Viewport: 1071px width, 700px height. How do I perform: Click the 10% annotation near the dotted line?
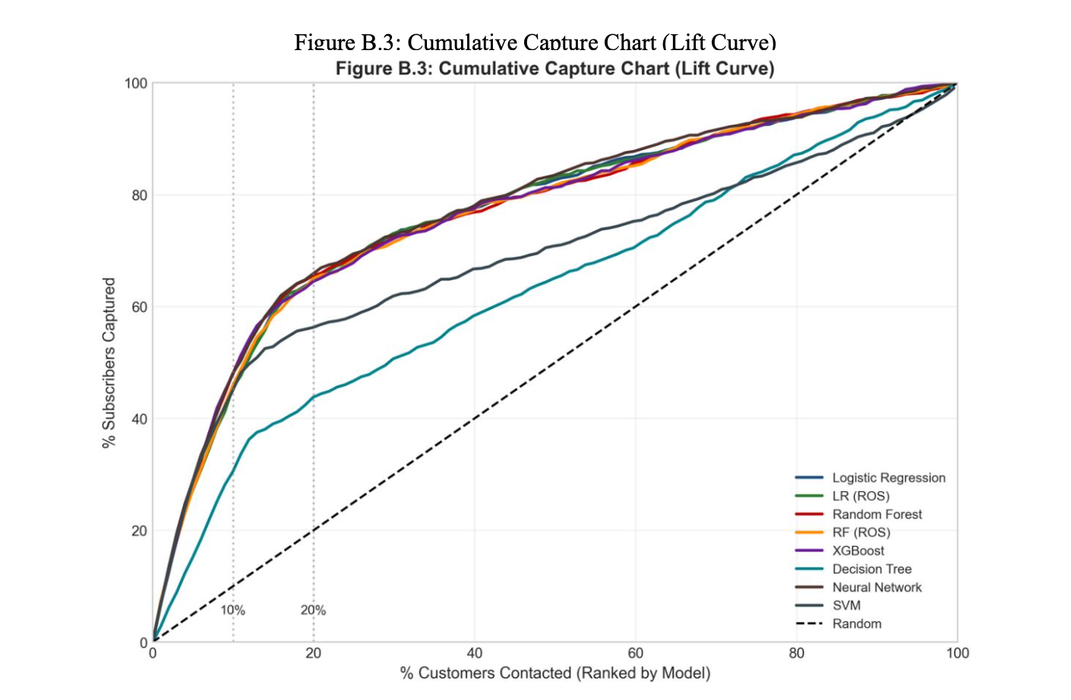[232, 610]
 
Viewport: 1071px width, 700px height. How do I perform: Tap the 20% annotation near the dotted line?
[313, 610]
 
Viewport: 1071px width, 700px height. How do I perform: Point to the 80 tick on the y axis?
[138, 195]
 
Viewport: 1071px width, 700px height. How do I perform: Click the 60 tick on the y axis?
[138, 307]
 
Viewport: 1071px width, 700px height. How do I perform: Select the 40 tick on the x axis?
[474, 654]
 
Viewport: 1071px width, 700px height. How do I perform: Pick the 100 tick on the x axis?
[957, 654]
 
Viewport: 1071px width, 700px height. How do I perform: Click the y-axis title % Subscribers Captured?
[109, 362]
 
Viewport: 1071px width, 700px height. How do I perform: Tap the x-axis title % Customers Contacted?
[555, 673]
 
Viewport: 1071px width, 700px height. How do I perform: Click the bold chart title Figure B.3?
[554, 68]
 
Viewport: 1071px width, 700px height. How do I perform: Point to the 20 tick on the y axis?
[138, 531]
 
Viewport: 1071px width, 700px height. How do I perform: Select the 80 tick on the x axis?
[796, 654]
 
